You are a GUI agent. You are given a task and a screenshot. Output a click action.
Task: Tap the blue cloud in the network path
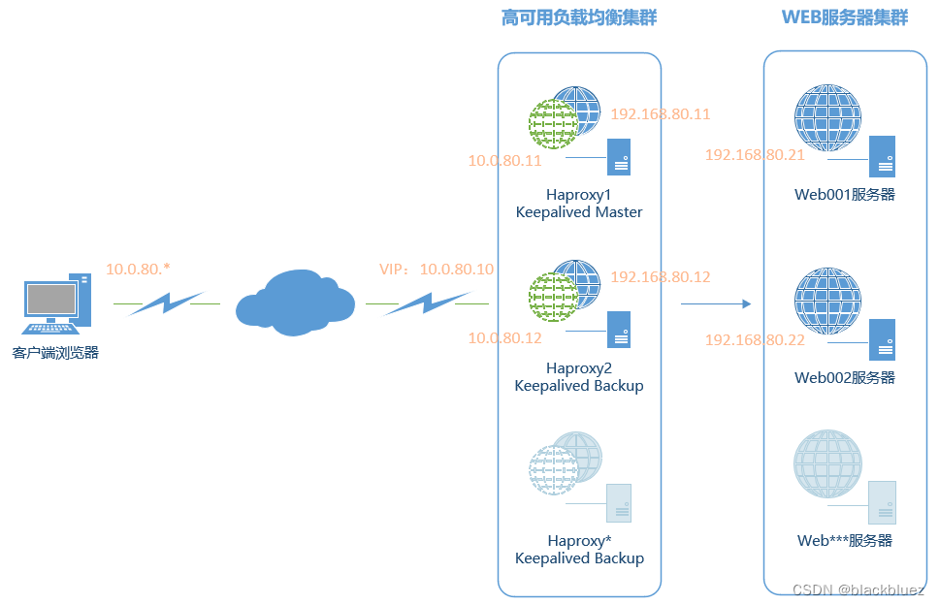point(294,302)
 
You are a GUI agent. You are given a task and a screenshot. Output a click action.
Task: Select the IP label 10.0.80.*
point(139,269)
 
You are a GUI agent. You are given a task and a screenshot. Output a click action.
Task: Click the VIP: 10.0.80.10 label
point(437,269)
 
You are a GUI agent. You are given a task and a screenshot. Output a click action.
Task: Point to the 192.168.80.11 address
point(661,114)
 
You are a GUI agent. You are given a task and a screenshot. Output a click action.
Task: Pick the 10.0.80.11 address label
point(504,161)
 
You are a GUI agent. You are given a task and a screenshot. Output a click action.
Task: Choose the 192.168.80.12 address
point(661,277)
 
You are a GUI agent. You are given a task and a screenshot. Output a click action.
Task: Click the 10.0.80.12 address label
point(504,338)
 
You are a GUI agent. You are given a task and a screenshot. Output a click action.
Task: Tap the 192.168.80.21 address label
point(755,155)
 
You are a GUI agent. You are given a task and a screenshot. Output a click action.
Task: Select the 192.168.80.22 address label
point(755,340)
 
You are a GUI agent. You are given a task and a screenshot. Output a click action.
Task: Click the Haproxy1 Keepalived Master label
point(579,204)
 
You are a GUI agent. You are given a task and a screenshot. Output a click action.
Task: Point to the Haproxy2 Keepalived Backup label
point(579,377)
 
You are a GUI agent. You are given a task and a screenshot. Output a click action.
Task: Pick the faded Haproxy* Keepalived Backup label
point(579,550)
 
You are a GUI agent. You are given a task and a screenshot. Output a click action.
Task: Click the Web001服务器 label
point(845,195)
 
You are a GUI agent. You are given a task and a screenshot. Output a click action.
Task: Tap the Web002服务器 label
point(845,378)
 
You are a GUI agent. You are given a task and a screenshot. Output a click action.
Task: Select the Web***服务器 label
point(845,541)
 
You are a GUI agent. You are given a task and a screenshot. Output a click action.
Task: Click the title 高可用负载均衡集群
point(579,17)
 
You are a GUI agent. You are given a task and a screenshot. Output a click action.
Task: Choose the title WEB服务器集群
point(845,17)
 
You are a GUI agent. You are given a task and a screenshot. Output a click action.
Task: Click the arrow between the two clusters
point(716,303)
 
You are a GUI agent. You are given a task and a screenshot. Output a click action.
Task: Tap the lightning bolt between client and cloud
point(166,303)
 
